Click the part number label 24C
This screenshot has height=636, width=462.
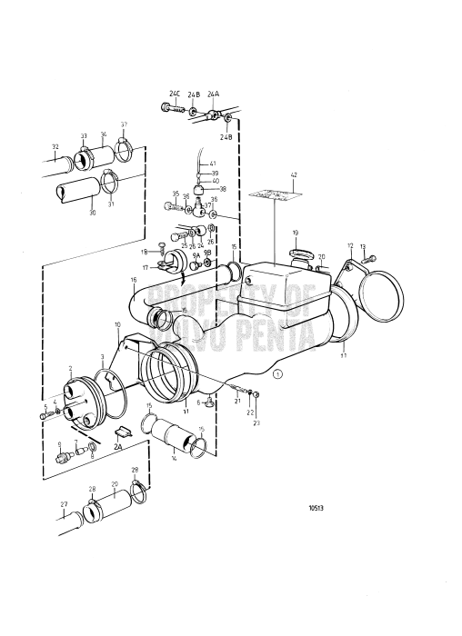click(173, 93)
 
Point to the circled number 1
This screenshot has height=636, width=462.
click(278, 373)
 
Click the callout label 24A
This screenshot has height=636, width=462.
click(213, 94)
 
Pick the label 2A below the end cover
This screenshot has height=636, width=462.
click(116, 447)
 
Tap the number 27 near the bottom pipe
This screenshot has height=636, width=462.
click(64, 504)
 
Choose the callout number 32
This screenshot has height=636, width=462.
click(55, 146)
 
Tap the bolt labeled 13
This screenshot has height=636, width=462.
click(367, 259)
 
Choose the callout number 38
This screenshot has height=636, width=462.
click(222, 189)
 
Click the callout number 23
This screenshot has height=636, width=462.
click(256, 423)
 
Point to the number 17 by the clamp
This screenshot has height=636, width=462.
click(145, 268)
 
